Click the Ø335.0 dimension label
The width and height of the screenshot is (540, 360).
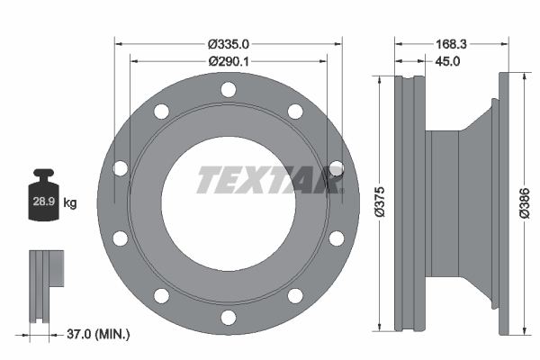[229, 42]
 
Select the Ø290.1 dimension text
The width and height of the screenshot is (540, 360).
[229, 60]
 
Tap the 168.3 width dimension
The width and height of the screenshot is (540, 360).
[450, 42]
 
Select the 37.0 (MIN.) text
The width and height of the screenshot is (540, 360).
[99, 334]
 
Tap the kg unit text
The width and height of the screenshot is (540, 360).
[70, 203]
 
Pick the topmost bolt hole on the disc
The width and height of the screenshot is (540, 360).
[229, 90]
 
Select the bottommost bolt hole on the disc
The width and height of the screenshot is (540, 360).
[229, 316]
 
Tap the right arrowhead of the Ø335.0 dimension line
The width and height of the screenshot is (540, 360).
[339, 42]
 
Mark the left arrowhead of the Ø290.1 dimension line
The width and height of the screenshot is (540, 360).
[134, 60]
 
